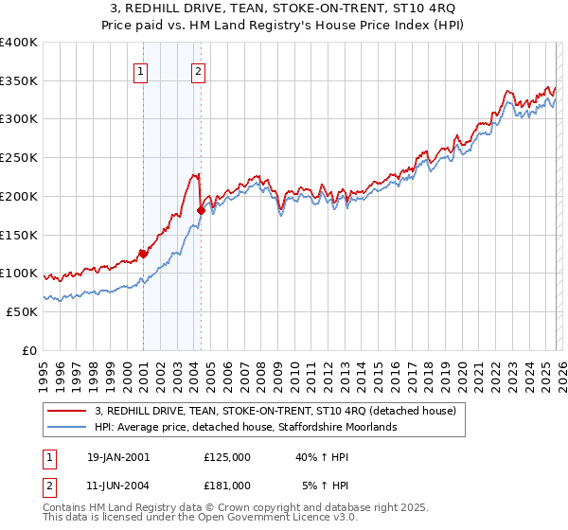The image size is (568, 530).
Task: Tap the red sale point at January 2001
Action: [143, 253]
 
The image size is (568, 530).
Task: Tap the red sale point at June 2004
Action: [200, 210]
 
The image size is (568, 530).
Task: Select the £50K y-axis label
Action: [21, 311]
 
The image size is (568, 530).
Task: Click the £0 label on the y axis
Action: [29, 350]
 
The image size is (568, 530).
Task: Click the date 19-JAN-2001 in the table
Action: [117, 456]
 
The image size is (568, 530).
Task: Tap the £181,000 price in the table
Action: [226, 485]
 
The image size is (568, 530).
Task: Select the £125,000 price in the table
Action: [226, 456]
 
